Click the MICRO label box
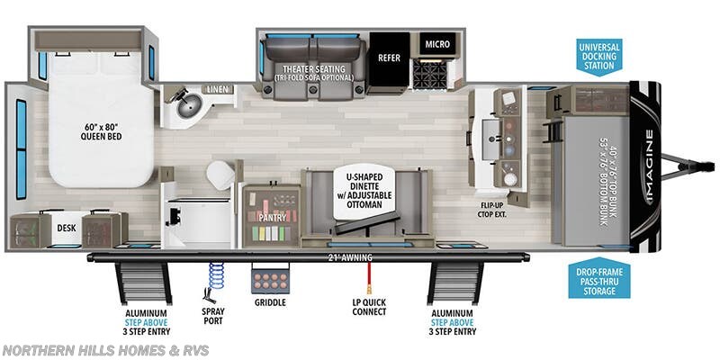(436, 43)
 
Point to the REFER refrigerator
(389, 56)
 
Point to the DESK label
(67, 229)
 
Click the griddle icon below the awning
(271, 279)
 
